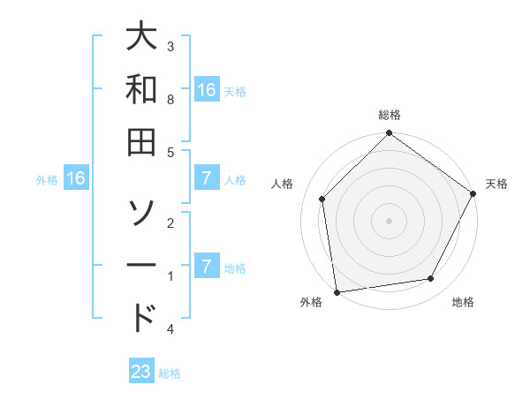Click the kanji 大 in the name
142,37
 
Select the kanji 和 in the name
142,89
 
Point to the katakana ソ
142,211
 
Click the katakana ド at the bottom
142,317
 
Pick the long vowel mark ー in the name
142,265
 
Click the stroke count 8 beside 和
170,100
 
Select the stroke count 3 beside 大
170,46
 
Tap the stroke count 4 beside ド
170,328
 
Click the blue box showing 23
141,372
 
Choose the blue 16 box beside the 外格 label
76,179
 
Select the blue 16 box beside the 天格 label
207,90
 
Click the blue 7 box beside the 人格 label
206,179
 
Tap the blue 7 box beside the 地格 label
206,268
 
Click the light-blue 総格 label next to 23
170,373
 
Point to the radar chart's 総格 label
389,115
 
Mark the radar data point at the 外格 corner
337,291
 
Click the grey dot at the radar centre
389,220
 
